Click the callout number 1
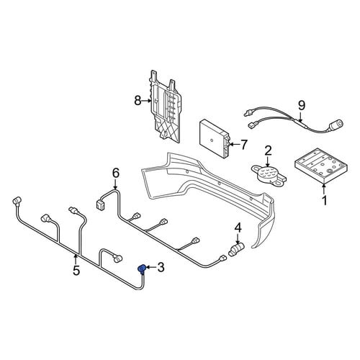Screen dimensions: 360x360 [x=324, y=200]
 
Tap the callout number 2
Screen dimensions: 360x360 [x=268, y=150]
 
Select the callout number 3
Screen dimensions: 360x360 [x=161, y=267]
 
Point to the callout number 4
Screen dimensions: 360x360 [x=238, y=228]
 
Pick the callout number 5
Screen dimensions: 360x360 [x=76, y=271]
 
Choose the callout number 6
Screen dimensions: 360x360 [x=115, y=173]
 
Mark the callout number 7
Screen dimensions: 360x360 [x=243, y=145]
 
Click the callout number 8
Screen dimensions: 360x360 [x=138, y=101]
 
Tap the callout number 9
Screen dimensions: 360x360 [x=302, y=105]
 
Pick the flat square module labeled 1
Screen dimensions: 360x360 [x=321, y=166]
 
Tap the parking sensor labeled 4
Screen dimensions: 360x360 [x=235, y=249]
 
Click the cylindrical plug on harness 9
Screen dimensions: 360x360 [x=336, y=125]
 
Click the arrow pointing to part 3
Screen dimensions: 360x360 [x=150, y=267]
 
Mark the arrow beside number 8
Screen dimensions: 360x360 [x=146, y=101]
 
